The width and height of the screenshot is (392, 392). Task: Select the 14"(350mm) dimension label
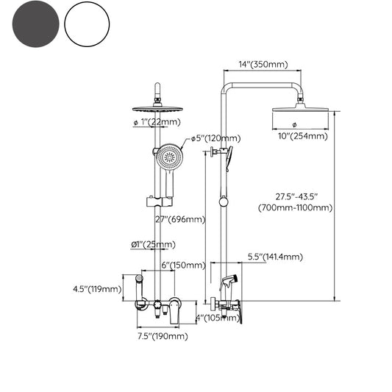[x=263, y=65]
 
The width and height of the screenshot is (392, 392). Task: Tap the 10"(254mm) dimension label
[x=302, y=135]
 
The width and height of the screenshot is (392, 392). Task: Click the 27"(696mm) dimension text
[x=181, y=219]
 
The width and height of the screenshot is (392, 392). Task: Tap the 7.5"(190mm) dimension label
[x=163, y=336]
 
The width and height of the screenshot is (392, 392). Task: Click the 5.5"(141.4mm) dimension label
[x=274, y=257]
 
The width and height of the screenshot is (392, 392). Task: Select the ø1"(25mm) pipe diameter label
[x=153, y=244]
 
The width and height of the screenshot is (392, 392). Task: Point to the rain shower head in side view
[x=302, y=110]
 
